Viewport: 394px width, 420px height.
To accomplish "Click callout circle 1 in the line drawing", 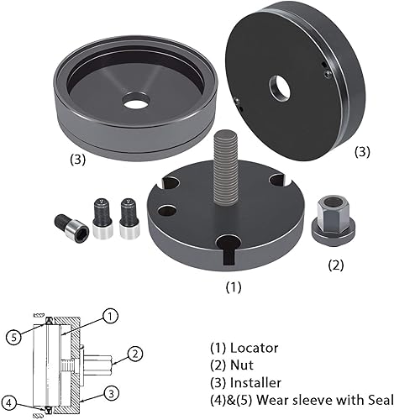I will tap(112, 317).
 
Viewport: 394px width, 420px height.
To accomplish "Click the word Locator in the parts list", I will tap(257, 347).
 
